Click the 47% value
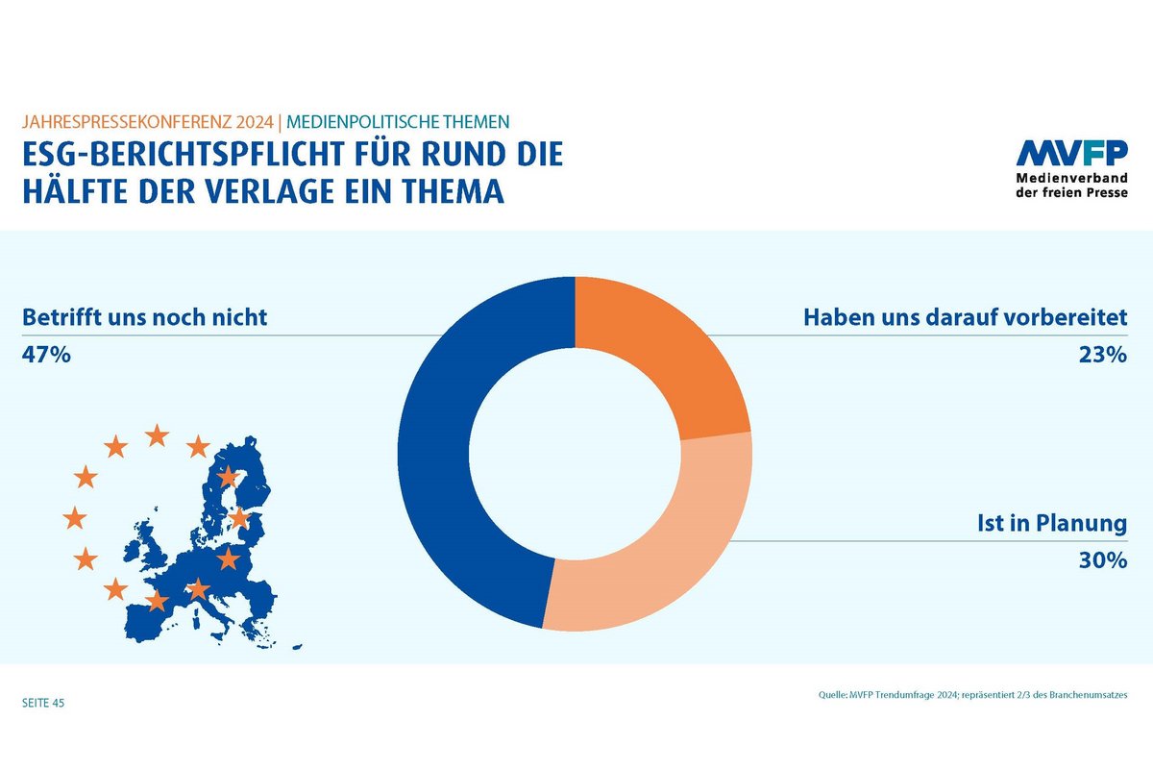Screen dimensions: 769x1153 click(46, 355)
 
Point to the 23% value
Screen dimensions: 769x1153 click(1102, 355)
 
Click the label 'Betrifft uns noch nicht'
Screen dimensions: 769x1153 click(144, 317)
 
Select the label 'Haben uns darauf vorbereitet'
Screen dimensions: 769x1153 click(965, 317)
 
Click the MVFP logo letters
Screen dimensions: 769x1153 click(1072, 154)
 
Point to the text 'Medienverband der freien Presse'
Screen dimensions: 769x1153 click(1072, 185)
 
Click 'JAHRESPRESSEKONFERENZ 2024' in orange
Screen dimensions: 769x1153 click(147, 122)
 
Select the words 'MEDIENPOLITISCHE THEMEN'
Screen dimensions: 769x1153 click(396, 122)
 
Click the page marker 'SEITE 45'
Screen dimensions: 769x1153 click(43, 704)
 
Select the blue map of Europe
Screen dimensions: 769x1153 click(192, 577)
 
